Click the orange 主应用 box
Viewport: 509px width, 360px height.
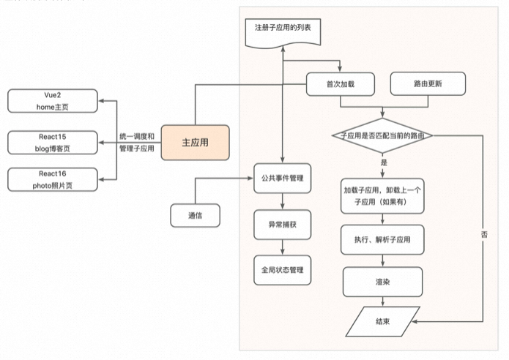click(195, 142)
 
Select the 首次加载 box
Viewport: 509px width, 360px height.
click(340, 84)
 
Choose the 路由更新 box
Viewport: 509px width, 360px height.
click(427, 84)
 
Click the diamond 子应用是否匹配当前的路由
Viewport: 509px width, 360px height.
click(382, 135)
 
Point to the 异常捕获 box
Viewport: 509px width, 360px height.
click(283, 224)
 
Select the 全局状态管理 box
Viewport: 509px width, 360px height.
click(283, 270)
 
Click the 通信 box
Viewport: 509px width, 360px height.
click(195, 215)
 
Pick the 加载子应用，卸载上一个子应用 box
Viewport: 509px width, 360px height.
click(382, 195)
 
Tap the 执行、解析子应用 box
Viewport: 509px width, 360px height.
click(382, 239)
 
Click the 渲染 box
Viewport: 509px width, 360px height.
click(382, 281)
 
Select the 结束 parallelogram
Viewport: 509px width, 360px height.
click(382, 320)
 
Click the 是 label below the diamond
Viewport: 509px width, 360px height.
click(384, 162)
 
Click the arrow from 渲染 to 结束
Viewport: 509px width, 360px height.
click(382, 301)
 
